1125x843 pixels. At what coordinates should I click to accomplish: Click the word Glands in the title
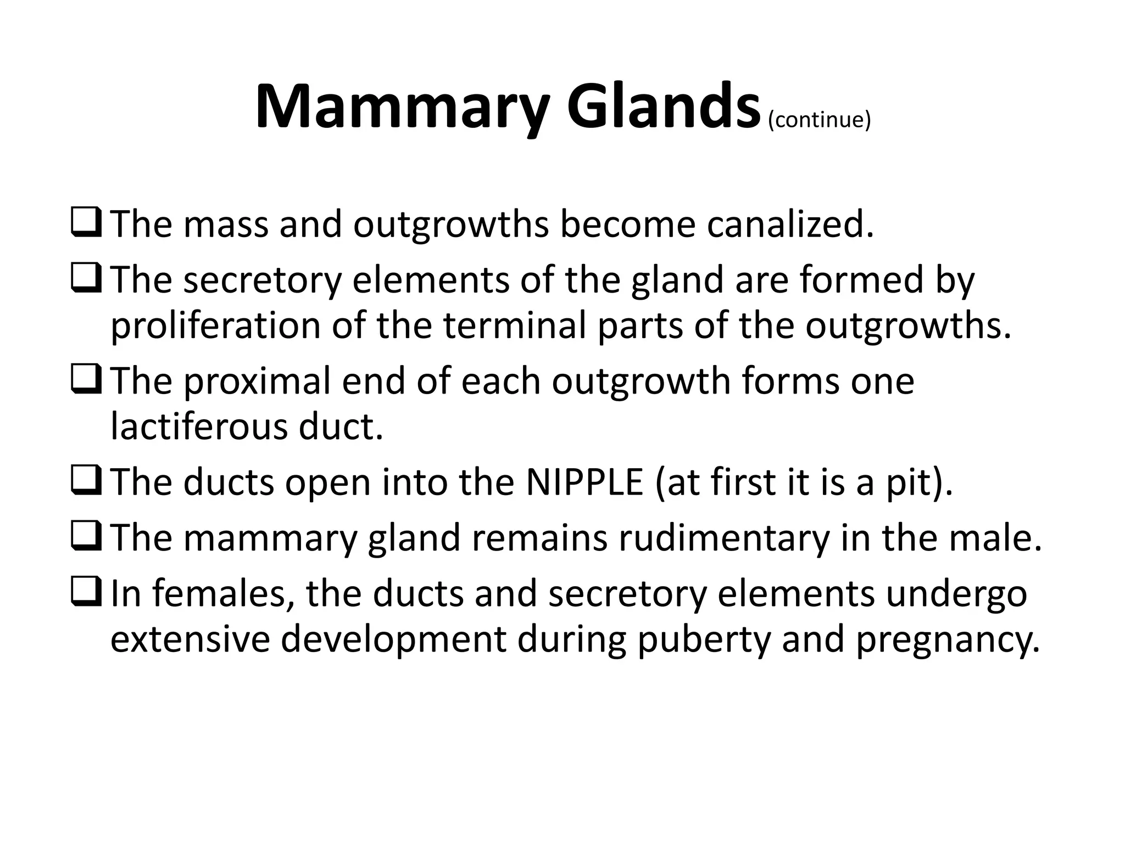click(x=662, y=106)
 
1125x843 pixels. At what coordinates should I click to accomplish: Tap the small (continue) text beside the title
click(x=819, y=120)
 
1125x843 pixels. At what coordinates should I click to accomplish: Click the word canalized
click(x=790, y=224)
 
